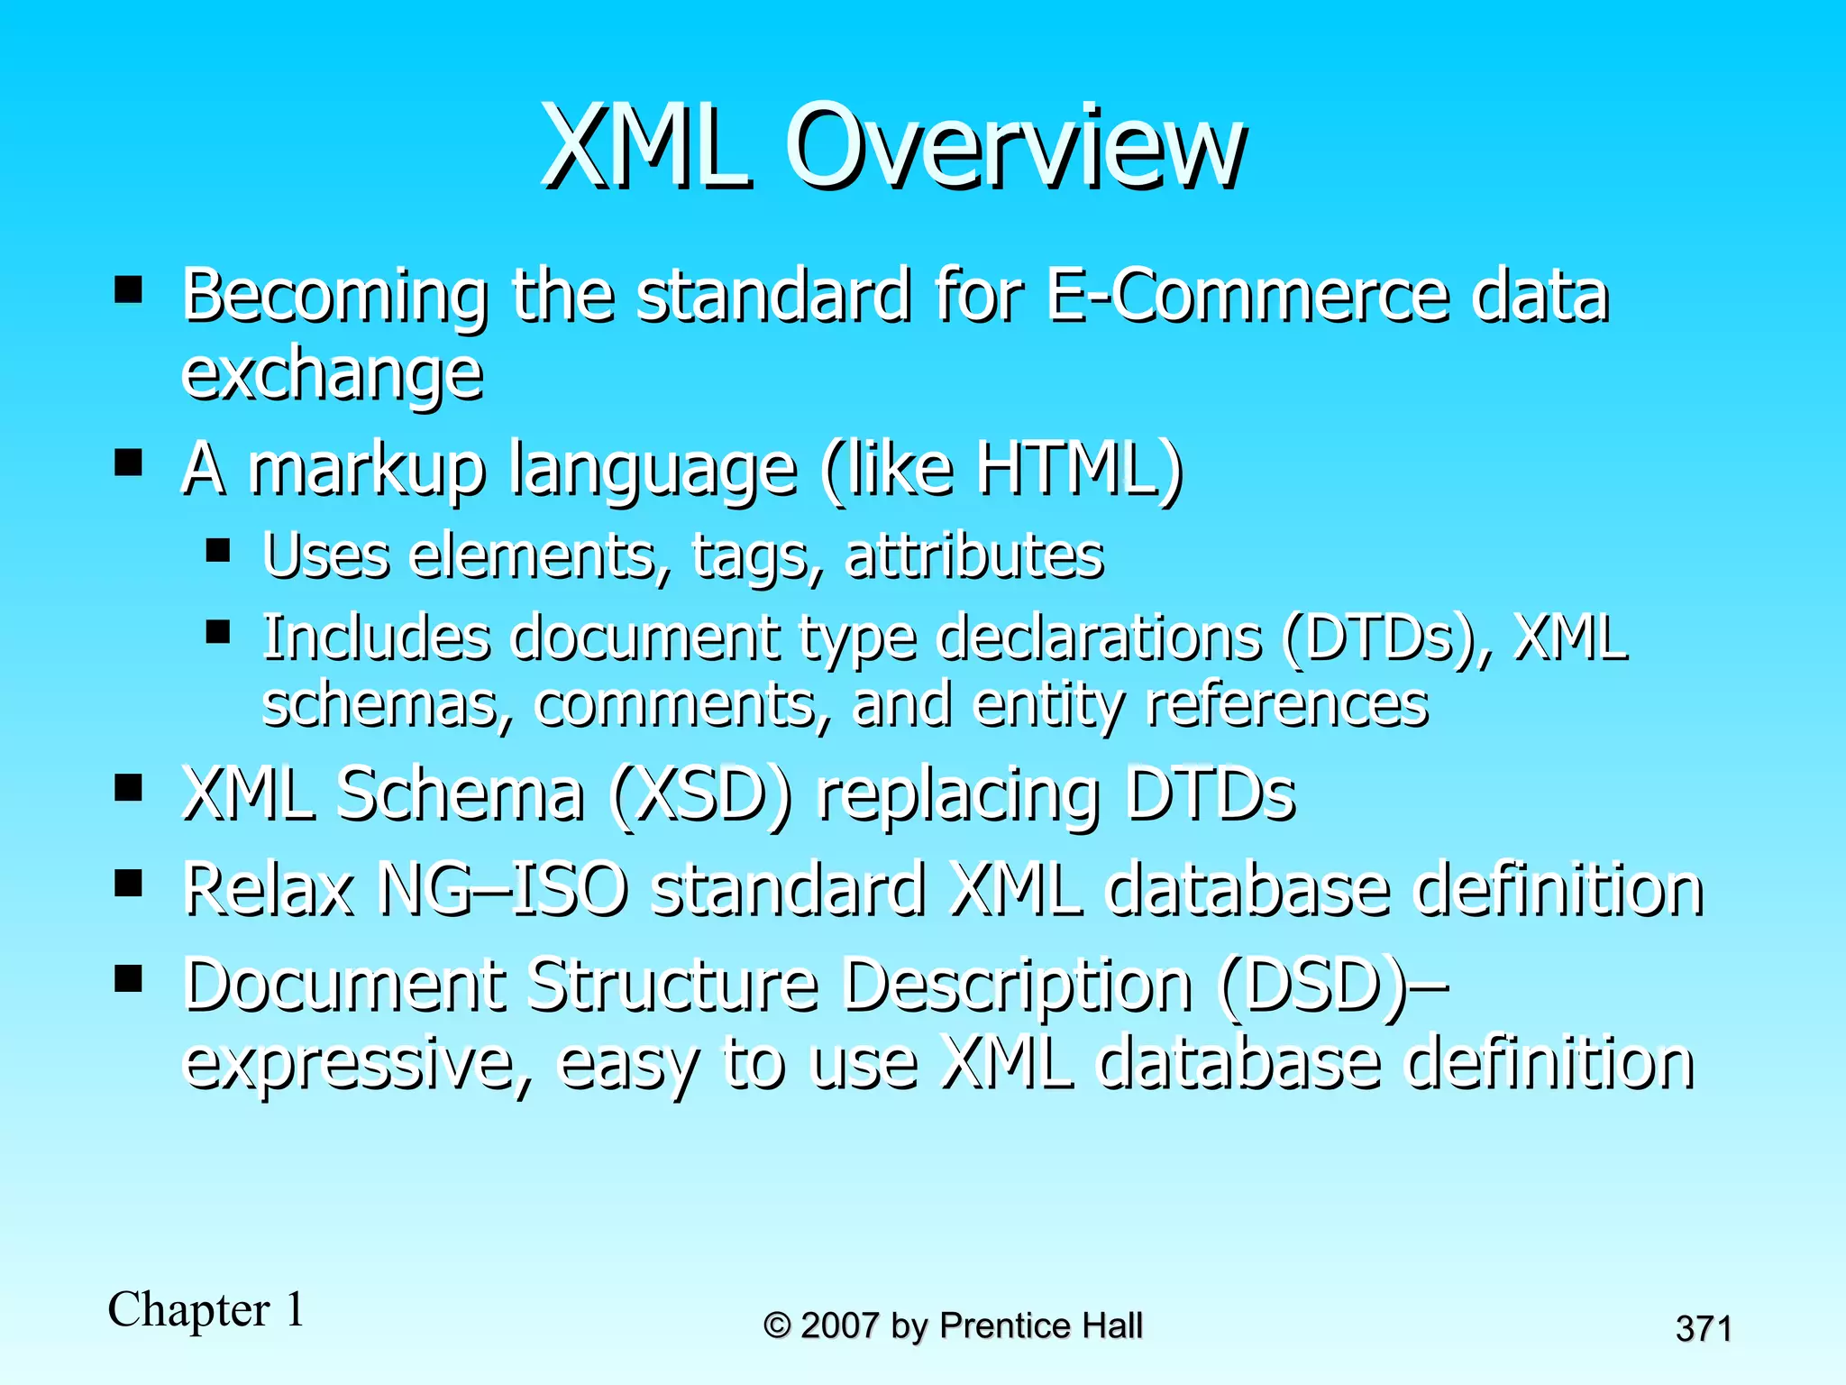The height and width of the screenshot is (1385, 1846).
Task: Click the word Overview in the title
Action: [x=1016, y=146]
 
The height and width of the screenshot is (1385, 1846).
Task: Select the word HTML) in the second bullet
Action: [x=1080, y=469]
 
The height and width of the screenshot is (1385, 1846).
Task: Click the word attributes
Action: [x=974, y=555]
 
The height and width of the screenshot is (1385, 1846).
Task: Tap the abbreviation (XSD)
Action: [x=701, y=794]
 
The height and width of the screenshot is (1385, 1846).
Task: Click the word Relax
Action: [x=268, y=889]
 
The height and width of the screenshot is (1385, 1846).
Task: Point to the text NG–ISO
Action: [x=502, y=889]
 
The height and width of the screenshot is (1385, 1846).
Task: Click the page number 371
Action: [x=1703, y=1329]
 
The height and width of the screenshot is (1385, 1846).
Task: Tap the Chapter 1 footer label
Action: [x=206, y=1309]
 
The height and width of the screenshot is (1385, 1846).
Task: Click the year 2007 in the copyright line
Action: [x=839, y=1325]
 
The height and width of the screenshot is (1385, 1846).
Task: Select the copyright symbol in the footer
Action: [x=777, y=1325]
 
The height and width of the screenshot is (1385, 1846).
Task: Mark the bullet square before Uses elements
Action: [x=218, y=549]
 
